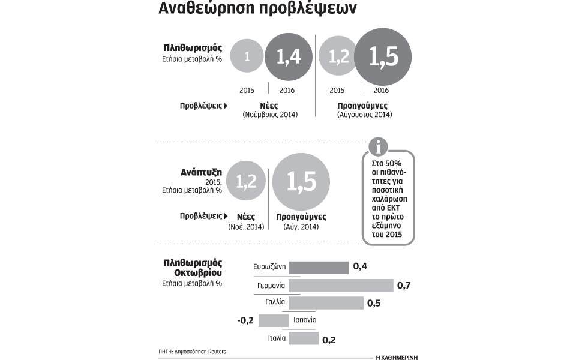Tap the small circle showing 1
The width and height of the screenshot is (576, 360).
(x=246, y=56)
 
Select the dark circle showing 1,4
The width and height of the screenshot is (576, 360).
(x=288, y=56)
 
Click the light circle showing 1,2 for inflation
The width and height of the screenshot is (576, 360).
(x=339, y=56)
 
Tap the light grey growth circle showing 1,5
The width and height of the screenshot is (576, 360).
(x=301, y=181)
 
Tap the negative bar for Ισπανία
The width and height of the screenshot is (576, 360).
(x=273, y=320)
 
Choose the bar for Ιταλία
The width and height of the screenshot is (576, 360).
(x=303, y=338)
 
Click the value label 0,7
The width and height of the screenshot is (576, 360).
(x=404, y=285)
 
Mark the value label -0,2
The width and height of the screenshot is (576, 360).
(x=246, y=320)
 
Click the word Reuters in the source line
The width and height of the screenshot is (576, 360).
(x=218, y=351)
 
